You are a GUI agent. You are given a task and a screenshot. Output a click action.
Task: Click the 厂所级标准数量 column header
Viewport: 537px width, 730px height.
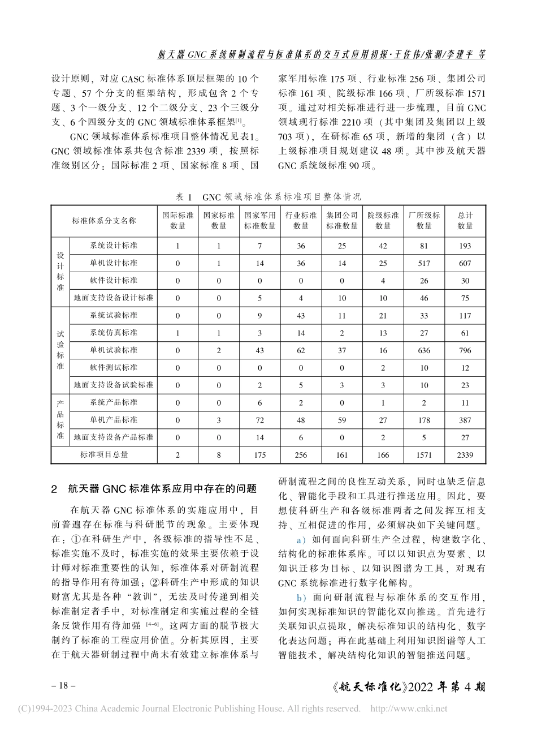(x=424, y=221)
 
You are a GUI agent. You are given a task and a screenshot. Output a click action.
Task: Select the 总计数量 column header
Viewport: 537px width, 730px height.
(x=465, y=221)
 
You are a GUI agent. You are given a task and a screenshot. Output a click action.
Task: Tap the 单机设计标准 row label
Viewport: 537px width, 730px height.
(x=113, y=263)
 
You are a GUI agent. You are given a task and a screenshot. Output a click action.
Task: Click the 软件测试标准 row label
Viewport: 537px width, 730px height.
(x=113, y=368)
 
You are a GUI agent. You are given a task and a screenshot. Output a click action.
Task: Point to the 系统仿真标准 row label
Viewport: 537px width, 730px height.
(x=113, y=333)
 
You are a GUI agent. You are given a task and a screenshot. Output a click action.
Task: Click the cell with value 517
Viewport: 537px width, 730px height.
(x=424, y=263)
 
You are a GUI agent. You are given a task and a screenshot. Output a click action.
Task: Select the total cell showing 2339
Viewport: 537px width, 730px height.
(x=465, y=454)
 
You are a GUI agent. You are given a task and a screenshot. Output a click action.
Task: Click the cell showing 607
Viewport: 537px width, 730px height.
(x=465, y=263)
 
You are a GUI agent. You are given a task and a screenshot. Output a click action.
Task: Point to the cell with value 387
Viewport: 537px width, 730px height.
(x=465, y=420)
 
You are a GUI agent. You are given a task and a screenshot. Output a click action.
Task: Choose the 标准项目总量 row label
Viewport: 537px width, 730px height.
(x=104, y=454)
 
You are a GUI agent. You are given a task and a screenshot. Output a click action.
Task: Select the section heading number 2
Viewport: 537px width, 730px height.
(x=54, y=488)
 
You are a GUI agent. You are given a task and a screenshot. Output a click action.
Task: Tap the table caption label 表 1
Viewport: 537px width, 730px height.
(x=184, y=196)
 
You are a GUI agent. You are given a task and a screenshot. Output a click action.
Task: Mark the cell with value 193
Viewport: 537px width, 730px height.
(x=465, y=246)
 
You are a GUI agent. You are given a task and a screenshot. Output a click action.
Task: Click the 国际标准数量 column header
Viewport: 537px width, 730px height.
(x=177, y=221)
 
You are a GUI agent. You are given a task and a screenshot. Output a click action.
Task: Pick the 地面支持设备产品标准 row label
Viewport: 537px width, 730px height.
(x=113, y=437)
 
